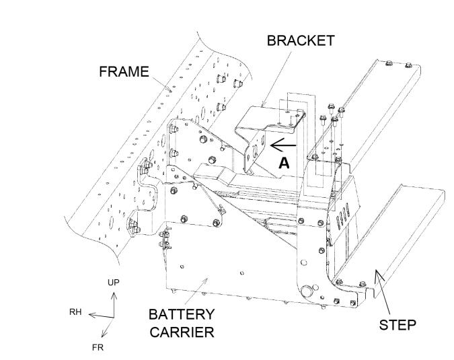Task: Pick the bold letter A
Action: click(284, 162)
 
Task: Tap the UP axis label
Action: click(113, 282)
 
